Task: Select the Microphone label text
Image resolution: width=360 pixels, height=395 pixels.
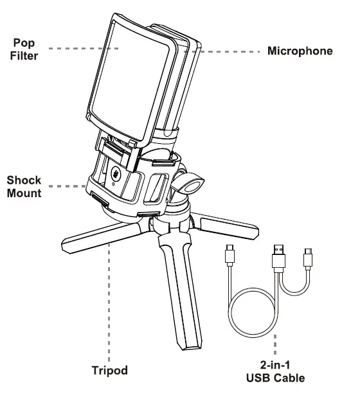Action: [x=300, y=51]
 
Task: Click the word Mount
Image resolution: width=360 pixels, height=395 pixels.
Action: [x=24, y=192]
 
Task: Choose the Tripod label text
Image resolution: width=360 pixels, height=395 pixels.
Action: [x=109, y=371]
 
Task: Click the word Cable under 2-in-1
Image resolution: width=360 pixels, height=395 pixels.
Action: [x=290, y=378]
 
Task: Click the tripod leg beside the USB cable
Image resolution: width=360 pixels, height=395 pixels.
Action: [x=228, y=224]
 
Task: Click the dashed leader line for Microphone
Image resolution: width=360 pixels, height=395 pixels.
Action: [x=225, y=50]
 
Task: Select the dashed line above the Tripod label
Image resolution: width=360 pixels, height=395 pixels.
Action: [x=109, y=302]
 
